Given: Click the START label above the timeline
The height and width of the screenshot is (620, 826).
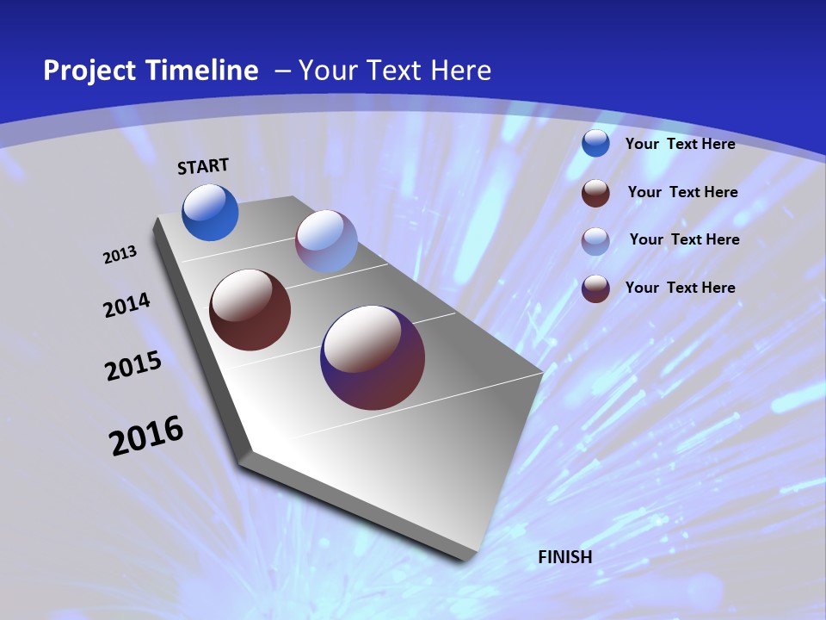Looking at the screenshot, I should [x=203, y=166].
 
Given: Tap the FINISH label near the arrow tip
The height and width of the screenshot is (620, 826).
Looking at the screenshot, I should [x=565, y=557].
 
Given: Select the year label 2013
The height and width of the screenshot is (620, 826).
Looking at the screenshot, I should [x=120, y=255].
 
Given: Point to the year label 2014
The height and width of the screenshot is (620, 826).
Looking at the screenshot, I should [x=127, y=306].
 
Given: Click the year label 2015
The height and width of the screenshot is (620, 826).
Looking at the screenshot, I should [x=133, y=366].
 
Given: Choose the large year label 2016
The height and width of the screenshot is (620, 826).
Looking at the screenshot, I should [x=146, y=436].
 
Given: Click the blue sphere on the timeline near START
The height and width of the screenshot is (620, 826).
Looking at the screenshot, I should [x=210, y=213].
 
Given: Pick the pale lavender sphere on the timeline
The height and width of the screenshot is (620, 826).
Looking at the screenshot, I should [x=326, y=242].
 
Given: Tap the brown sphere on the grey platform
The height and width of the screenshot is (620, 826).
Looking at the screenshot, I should [x=250, y=310].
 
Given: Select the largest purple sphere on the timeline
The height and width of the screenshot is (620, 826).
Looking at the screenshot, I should [x=373, y=357].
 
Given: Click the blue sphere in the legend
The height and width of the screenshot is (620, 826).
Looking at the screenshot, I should [x=595, y=144].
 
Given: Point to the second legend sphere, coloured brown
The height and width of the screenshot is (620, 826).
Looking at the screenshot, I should [x=595, y=193].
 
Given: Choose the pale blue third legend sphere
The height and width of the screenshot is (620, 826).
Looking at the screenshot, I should [x=595, y=241].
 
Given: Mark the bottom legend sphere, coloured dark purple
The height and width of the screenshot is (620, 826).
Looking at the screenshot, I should [x=595, y=288].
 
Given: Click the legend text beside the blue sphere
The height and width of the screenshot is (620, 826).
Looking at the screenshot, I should [x=680, y=144].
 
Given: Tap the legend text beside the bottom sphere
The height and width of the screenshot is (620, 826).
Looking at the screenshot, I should [x=680, y=288].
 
